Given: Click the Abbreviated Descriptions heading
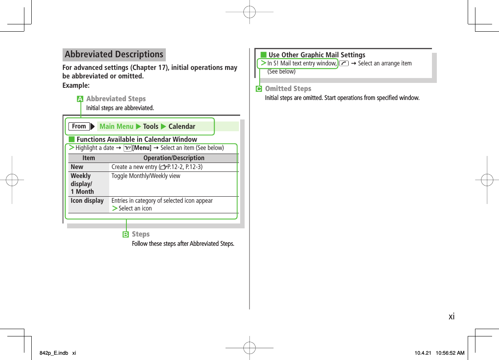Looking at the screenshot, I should click(114, 54).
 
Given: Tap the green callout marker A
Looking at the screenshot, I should click(80, 99).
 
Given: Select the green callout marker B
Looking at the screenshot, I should click(126, 234).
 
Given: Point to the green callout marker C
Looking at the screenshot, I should click(258, 89).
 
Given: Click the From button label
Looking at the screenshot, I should click(79, 126).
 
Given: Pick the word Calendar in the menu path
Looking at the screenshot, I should click(182, 126).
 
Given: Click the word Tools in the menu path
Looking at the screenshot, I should click(151, 126).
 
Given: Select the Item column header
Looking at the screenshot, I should click(89, 158).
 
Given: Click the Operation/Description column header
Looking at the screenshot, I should click(174, 158).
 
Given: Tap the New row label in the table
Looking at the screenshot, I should click(77, 167).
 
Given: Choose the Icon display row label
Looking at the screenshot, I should click(87, 201).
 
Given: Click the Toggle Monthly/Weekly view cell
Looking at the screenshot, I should click(146, 176).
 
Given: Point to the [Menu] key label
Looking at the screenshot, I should click(142, 148).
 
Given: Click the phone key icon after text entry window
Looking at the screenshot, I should click(344, 63).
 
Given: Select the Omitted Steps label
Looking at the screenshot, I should click(288, 89).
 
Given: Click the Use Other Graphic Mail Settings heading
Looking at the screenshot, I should click(317, 55).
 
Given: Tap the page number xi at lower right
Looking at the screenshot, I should click(451, 316).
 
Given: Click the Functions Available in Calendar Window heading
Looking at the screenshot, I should click(137, 139).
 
